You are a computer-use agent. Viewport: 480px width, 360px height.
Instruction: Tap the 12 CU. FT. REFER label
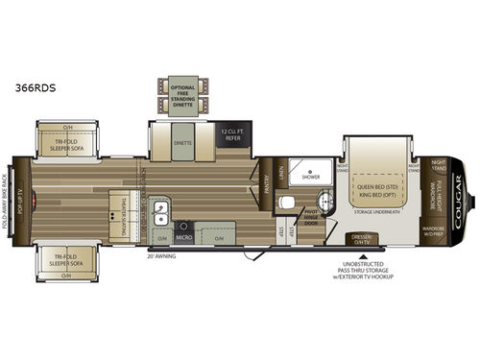(229, 132)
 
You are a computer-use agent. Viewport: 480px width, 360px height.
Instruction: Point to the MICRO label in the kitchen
(185, 236)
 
